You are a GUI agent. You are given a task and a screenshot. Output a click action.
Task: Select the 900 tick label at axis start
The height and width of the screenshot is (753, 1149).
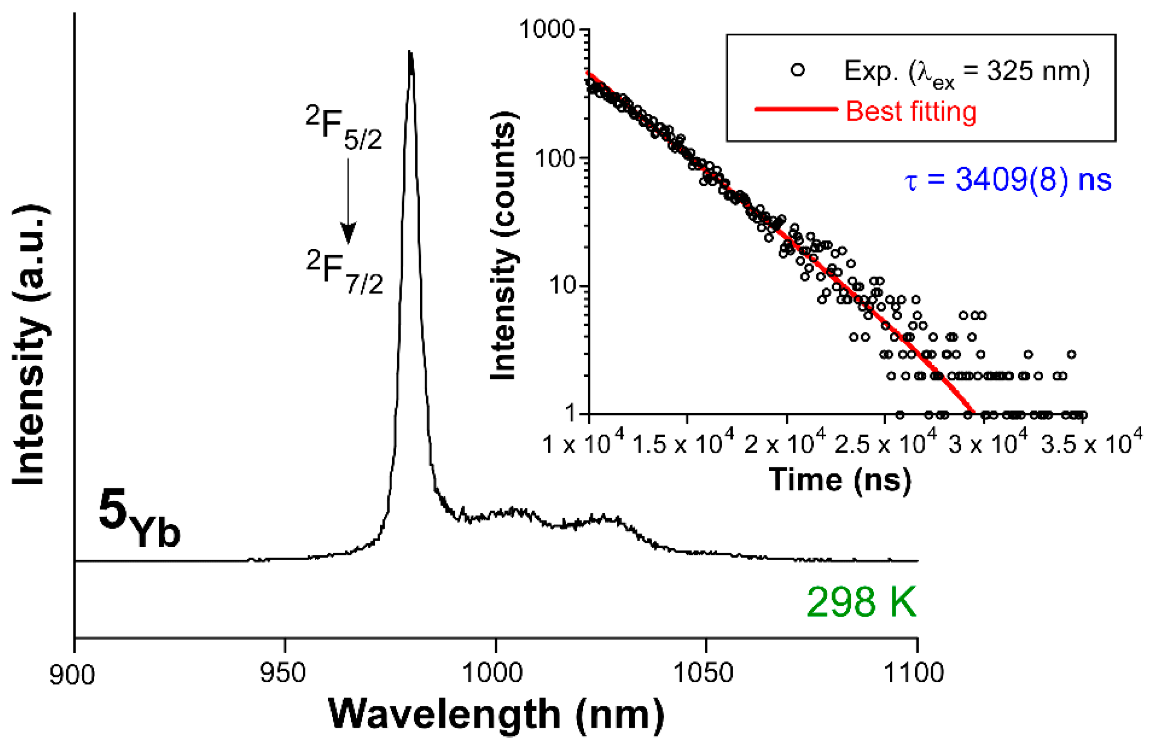click(x=72, y=674)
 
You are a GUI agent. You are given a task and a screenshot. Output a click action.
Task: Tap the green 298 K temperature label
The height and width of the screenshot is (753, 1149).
click(x=861, y=602)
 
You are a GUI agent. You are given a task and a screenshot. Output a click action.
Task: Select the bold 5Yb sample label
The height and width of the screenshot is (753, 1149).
click(x=139, y=518)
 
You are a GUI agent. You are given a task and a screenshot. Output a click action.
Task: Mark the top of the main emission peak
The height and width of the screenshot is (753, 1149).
click(x=410, y=52)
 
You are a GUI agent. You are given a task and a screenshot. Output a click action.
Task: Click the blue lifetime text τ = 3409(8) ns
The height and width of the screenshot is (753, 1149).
click(x=1008, y=180)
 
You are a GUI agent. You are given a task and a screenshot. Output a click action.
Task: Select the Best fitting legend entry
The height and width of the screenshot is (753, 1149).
click(x=911, y=111)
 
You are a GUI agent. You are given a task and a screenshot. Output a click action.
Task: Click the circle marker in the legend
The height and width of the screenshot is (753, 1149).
click(x=798, y=71)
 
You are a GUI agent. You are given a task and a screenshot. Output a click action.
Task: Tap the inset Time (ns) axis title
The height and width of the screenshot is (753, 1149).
click(x=840, y=480)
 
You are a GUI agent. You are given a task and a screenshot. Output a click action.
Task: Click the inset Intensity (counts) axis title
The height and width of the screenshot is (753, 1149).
click(x=504, y=246)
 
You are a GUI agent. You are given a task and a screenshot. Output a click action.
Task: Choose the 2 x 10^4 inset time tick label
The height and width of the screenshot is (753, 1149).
click(x=784, y=442)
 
